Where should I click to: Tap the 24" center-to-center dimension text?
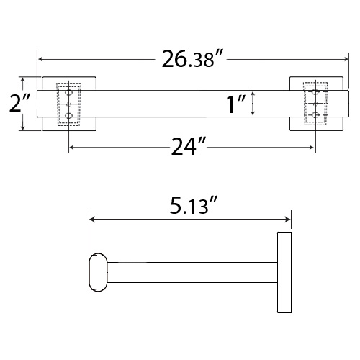tap(189, 147)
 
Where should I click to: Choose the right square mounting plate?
tap(328, 104)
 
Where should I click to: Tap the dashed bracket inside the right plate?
tap(313, 105)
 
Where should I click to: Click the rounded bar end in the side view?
tap(97, 274)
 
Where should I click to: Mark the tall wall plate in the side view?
tap(284, 273)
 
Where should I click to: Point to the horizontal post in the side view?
tap(191, 274)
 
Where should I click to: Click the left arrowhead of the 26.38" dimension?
tap(40, 59)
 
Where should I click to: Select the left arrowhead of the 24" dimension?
tap(71, 148)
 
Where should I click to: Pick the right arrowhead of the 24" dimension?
tap(311, 148)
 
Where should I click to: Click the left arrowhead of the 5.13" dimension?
tap(91, 220)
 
